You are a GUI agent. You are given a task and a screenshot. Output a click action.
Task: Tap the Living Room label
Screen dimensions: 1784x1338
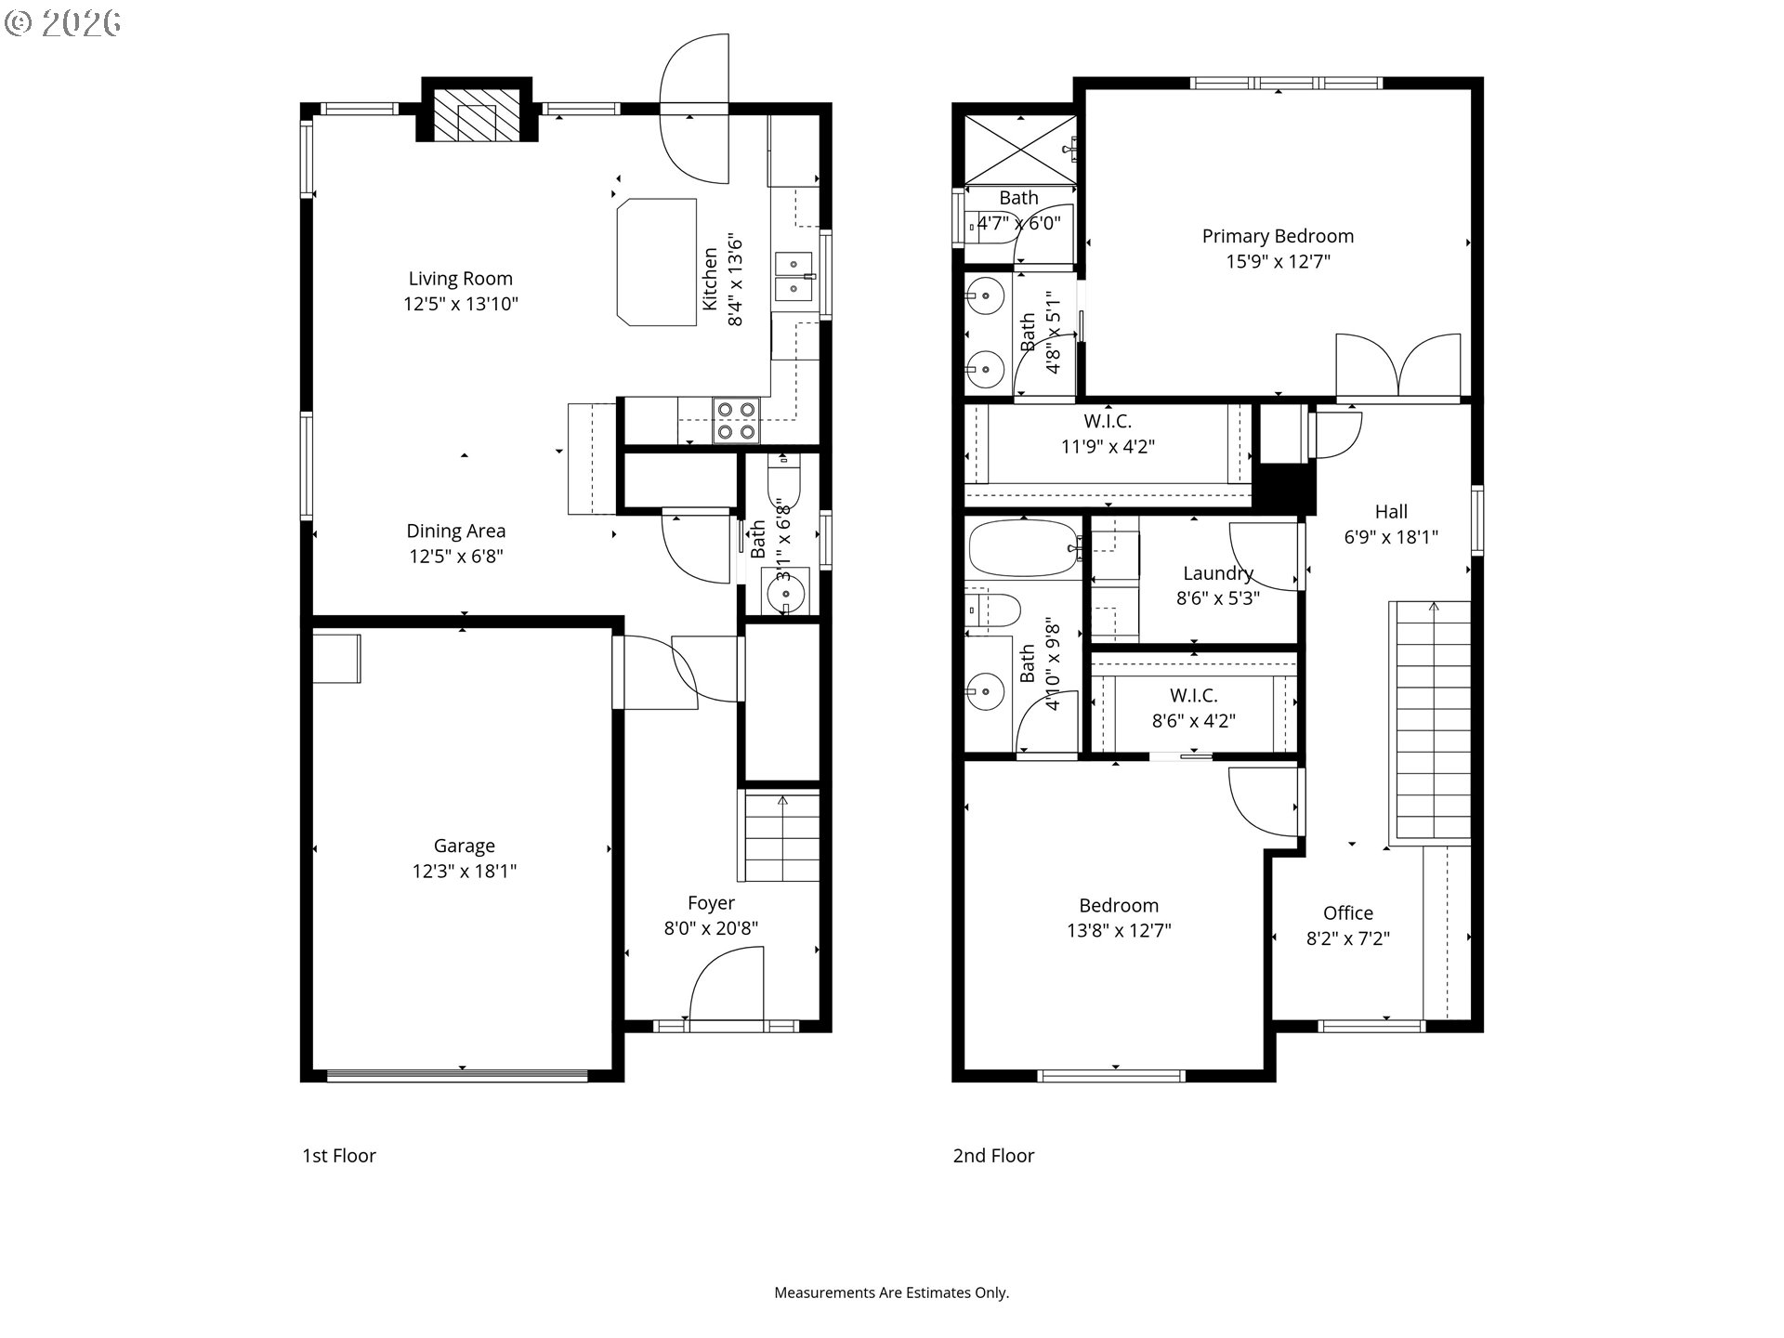[461, 279]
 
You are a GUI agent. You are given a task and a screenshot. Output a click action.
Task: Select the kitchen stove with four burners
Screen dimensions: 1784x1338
[737, 420]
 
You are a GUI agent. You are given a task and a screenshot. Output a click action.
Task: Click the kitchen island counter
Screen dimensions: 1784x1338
[657, 261]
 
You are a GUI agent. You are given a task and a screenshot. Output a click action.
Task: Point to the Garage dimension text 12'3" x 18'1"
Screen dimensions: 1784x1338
[465, 872]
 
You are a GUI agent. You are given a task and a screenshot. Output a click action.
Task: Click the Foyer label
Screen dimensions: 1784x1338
[712, 903]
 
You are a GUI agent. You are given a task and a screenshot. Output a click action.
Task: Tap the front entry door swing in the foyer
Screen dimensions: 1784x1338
[727, 984]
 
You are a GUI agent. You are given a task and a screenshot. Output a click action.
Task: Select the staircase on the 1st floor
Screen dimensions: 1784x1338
[780, 836]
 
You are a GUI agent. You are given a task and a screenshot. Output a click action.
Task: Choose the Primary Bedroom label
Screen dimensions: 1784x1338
[1279, 236]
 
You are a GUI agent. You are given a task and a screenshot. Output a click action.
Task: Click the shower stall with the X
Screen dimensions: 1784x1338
[1020, 149]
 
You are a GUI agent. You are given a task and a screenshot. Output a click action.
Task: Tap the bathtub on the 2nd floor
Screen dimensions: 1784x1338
[1023, 548]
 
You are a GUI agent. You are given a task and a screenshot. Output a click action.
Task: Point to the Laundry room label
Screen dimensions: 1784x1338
[1218, 573]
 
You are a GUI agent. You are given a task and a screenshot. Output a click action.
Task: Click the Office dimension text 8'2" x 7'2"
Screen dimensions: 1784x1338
[1348, 938]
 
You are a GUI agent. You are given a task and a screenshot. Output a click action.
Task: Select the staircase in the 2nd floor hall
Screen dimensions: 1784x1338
[1431, 723]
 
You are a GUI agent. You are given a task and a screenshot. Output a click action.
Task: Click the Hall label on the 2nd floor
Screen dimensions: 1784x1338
[1391, 512]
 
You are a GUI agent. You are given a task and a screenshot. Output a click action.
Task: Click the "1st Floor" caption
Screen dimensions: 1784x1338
[339, 1156]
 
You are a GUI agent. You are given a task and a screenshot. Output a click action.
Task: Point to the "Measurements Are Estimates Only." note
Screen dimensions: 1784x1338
[892, 1292]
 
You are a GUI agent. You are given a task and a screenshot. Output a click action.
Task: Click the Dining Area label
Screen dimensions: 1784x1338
[456, 531]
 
